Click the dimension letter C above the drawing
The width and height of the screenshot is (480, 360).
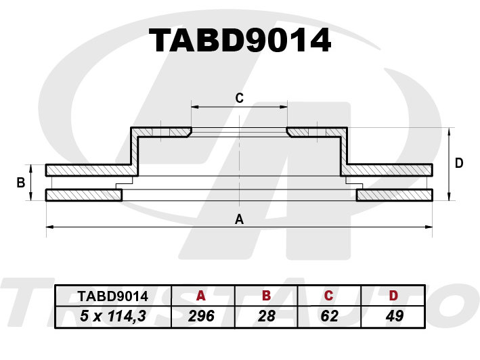pyautogui.click(x=239, y=98)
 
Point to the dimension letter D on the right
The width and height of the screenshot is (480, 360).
pyautogui.click(x=458, y=163)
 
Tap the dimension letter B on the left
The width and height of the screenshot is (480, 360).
pyautogui.click(x=20, y=183)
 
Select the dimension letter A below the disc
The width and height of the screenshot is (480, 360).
pyautogui.click(x=238, y=219)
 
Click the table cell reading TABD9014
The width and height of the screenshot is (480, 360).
pyautogui.click(x=113, y=296)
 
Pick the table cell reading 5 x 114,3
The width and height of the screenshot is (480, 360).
pyautogui.click(x=113, y=315)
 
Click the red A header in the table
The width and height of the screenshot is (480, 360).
pyautogui.click(x=200, y=296)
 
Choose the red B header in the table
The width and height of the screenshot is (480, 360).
pyautogui.click(x=266, y=296)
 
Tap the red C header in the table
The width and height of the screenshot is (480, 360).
pyautogui.click(x=328, y=296)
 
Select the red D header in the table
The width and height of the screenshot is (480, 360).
pyautogui.click(x=393, y=296)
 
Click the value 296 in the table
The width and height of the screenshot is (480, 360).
pyautogui.click(x=200, y=315)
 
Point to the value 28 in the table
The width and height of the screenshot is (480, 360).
pyautogui.click(x=266, y=315)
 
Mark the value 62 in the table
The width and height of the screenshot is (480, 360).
pyautogui.click(x=328, y=315)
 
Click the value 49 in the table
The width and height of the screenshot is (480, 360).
pyautogui.click(x=393, y=315)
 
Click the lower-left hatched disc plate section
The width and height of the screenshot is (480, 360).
pyautogui.click(x=83, y=196)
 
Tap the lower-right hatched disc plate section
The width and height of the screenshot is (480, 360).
pyautogui.click(x=394, y=196)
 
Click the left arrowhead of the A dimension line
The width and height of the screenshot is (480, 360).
pyautogui.click(x=49, y=226)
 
